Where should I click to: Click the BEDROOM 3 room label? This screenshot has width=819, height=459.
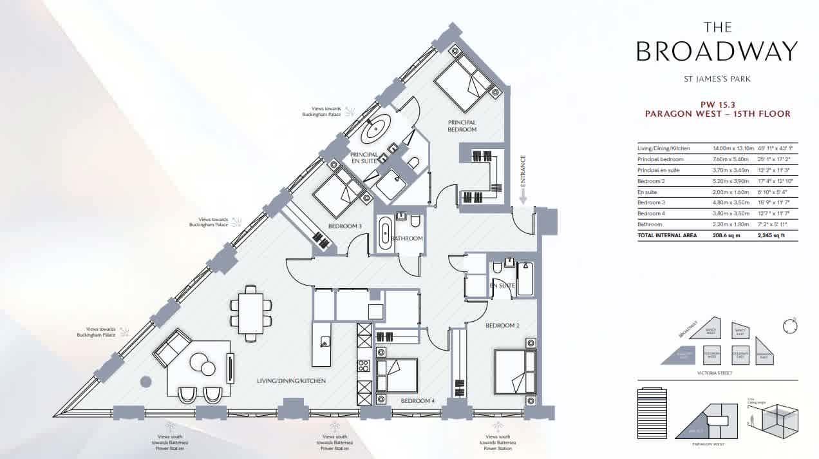point(344,226)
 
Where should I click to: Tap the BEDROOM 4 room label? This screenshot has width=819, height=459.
point(418,401)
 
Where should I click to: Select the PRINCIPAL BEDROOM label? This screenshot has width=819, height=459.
point(462,126)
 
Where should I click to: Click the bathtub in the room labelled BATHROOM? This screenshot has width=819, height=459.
point(385,232)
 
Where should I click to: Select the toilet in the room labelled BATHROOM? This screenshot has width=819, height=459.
point(415,222)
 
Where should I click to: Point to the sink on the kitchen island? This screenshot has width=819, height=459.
point(325,342)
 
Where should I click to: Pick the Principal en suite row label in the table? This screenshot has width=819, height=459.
point(658,170)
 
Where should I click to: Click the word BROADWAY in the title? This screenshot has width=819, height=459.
point(717,52)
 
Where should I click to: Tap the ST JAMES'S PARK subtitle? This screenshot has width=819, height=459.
point(717,79)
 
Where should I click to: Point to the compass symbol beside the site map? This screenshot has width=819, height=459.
point(789,327)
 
